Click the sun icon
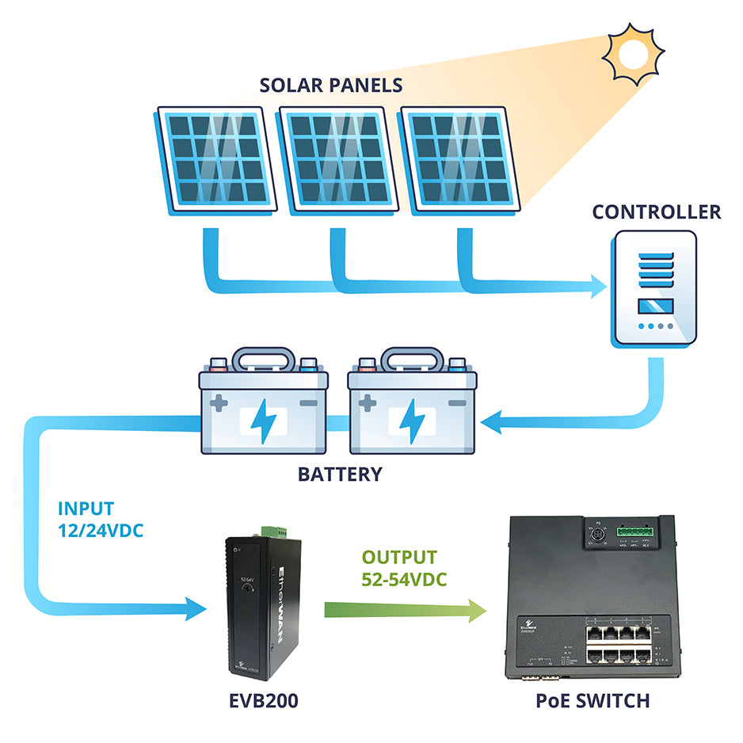point(631,52)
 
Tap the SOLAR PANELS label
point(331,86)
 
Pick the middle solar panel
point(339,158)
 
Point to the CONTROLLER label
point(657,212)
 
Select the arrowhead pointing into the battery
point(493,424)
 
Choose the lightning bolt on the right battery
point(412,421)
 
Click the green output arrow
point(404,610)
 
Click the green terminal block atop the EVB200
point(270,528)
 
